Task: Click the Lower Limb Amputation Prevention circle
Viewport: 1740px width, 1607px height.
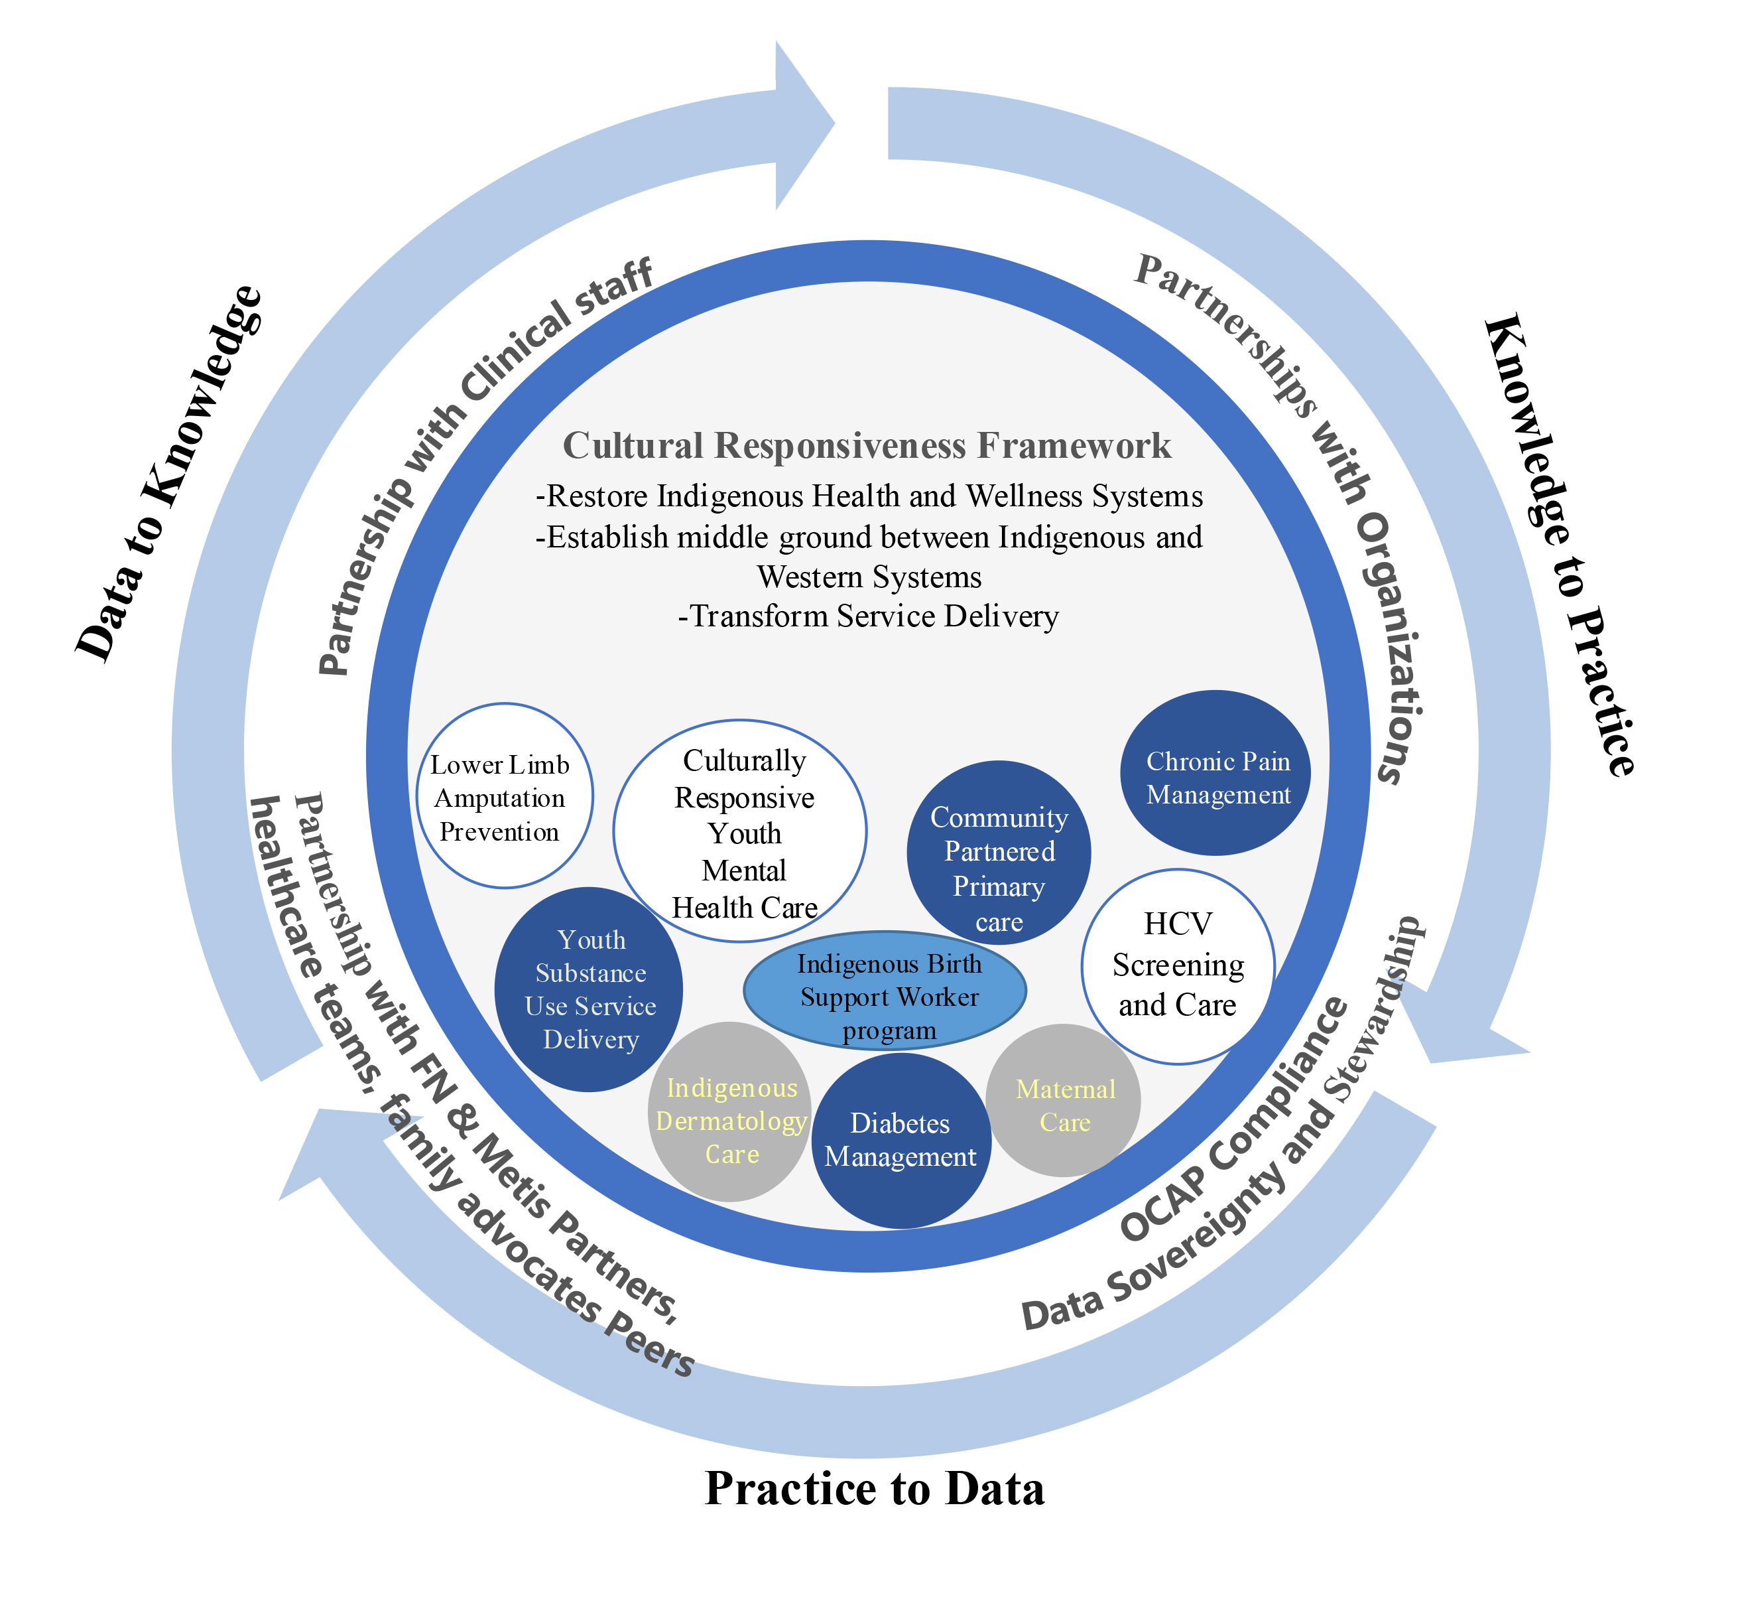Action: click(500, 798)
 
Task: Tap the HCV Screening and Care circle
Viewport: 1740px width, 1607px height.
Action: click(1178, 965)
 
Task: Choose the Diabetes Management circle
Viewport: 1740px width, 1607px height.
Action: click(901, 1141)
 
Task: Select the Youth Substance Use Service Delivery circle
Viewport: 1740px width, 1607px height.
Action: click(590, 989)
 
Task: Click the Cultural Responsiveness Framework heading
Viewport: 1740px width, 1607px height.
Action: click(867, 445)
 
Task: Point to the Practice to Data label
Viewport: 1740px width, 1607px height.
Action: click(875, 1489)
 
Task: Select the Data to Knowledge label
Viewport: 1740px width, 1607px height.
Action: click(170, 474)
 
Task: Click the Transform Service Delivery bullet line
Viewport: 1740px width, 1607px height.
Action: click(868, 616)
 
